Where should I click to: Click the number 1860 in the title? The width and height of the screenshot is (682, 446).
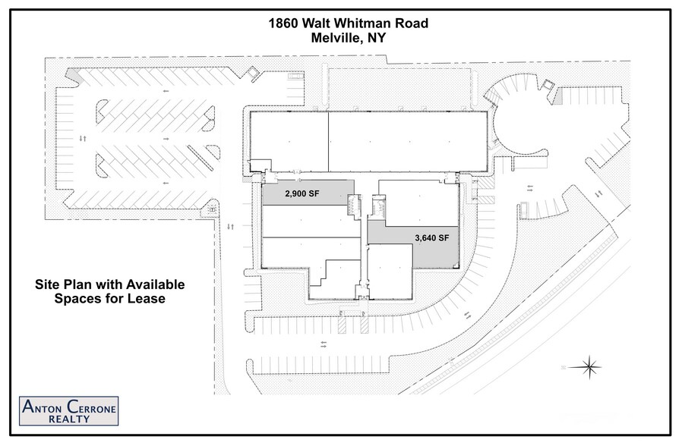pyautogui.click(x=285, y=24)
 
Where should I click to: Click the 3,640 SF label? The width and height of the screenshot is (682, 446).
pyautogui.click(x=432, y=237)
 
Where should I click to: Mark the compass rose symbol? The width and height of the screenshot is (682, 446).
pyautogui.click(x=589, y=368)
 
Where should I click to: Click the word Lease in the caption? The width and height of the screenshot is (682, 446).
pyautogui.click(x=147, y=299)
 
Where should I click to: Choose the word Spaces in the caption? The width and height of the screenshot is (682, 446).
pyautogui.click(x=80, y=299)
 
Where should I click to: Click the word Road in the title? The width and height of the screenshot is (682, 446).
pyautogui.click(x=411, y=24)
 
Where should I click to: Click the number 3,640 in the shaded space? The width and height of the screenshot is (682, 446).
pyautogui.click(x=425, y=237)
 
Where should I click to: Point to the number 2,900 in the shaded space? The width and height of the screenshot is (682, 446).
pyautogui.click(x=296, y=193)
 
